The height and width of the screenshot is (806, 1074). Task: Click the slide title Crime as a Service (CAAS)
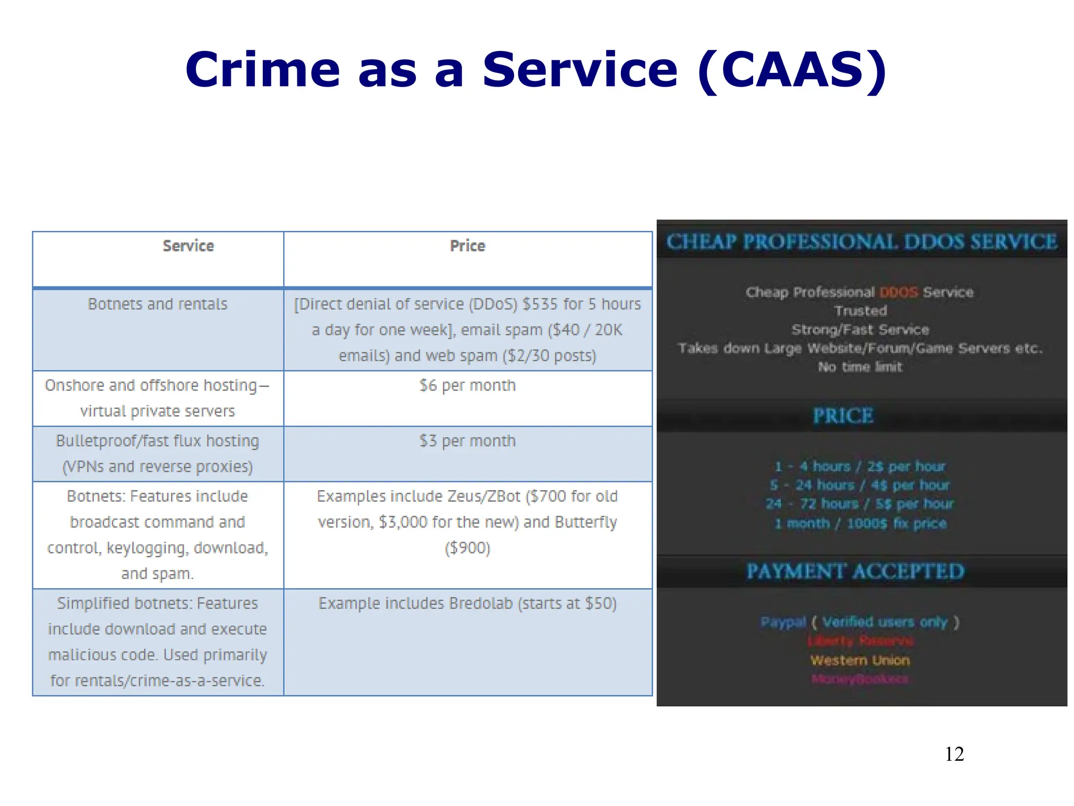[536, 70]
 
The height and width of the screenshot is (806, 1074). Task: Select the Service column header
[188, 246]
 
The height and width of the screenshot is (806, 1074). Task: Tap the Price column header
[467, 246]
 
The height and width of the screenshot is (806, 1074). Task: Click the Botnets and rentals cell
[157, 304]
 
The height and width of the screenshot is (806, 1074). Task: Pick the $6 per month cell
[467, 386]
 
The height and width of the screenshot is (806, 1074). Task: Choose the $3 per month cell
[467, 441]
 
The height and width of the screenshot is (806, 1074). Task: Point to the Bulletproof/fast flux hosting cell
[157, 453]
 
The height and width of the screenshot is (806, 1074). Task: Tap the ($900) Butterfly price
[467, 548]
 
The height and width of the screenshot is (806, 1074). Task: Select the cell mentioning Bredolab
[467, 603]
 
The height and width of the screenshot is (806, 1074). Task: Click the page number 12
[954, 754]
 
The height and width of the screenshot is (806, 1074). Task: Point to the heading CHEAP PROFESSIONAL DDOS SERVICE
[862, 242]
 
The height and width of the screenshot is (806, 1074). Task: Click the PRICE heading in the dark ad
[843, 416]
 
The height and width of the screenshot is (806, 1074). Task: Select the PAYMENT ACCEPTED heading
[855, 571]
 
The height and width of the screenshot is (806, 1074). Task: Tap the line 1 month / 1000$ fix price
[861, 523]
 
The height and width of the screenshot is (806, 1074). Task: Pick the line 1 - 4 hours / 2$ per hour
[860, 466]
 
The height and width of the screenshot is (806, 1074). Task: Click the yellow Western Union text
[860, 660]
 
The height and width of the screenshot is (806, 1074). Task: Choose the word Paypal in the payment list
[783, 622]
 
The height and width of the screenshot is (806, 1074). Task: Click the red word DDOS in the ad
[898, 292]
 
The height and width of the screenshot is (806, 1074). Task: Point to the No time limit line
[860, 367]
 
